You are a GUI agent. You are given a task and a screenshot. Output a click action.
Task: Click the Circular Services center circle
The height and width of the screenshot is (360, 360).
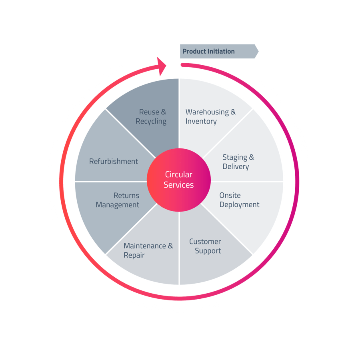pyautogui.click(x=179, y=180)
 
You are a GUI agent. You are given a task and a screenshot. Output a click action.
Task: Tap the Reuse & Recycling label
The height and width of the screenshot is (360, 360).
pyautogui.click(x=152, y=116)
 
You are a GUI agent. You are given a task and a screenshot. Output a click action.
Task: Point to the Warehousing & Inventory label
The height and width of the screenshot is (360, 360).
pyautogui.click(x=210, y=116)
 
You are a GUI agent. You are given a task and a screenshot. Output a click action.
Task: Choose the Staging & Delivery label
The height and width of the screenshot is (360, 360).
pyautogui.click(x=238, y=162)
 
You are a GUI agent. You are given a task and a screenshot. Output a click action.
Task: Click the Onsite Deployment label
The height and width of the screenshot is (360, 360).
pyautogui.click(x=239, y=200)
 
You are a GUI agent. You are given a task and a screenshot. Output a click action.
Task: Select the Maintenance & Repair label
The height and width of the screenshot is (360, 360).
pyautogui.click(x=148, y=250)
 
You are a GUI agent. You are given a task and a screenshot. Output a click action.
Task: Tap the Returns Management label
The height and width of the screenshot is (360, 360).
pyautogui.click(x=118, y=200)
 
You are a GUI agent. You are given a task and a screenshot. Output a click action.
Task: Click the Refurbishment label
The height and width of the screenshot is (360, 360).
pyautogui.click(x=114, y=162)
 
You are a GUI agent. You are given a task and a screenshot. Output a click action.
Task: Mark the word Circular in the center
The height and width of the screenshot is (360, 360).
pyautogui.click(x=179, y=175)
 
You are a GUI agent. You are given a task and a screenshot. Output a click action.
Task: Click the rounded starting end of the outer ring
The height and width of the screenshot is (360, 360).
pyautogui.click(x=182, y=64)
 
